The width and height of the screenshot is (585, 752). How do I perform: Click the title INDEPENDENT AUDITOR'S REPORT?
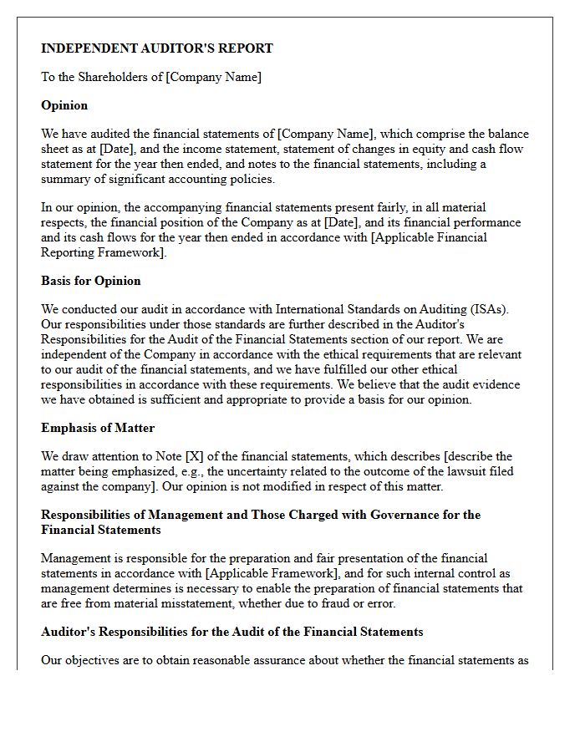click(x=157, y=48)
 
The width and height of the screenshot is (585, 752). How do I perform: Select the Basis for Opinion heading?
click(x=91, y=281)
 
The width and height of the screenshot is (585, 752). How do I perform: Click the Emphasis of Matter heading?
click(x=98, y=428)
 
